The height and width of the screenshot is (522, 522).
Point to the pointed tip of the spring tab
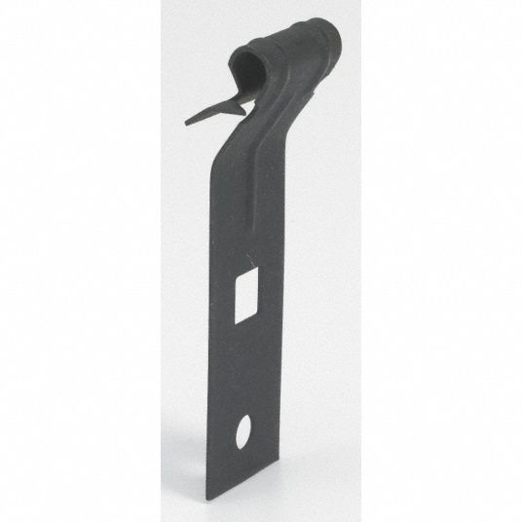coord(183,123)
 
